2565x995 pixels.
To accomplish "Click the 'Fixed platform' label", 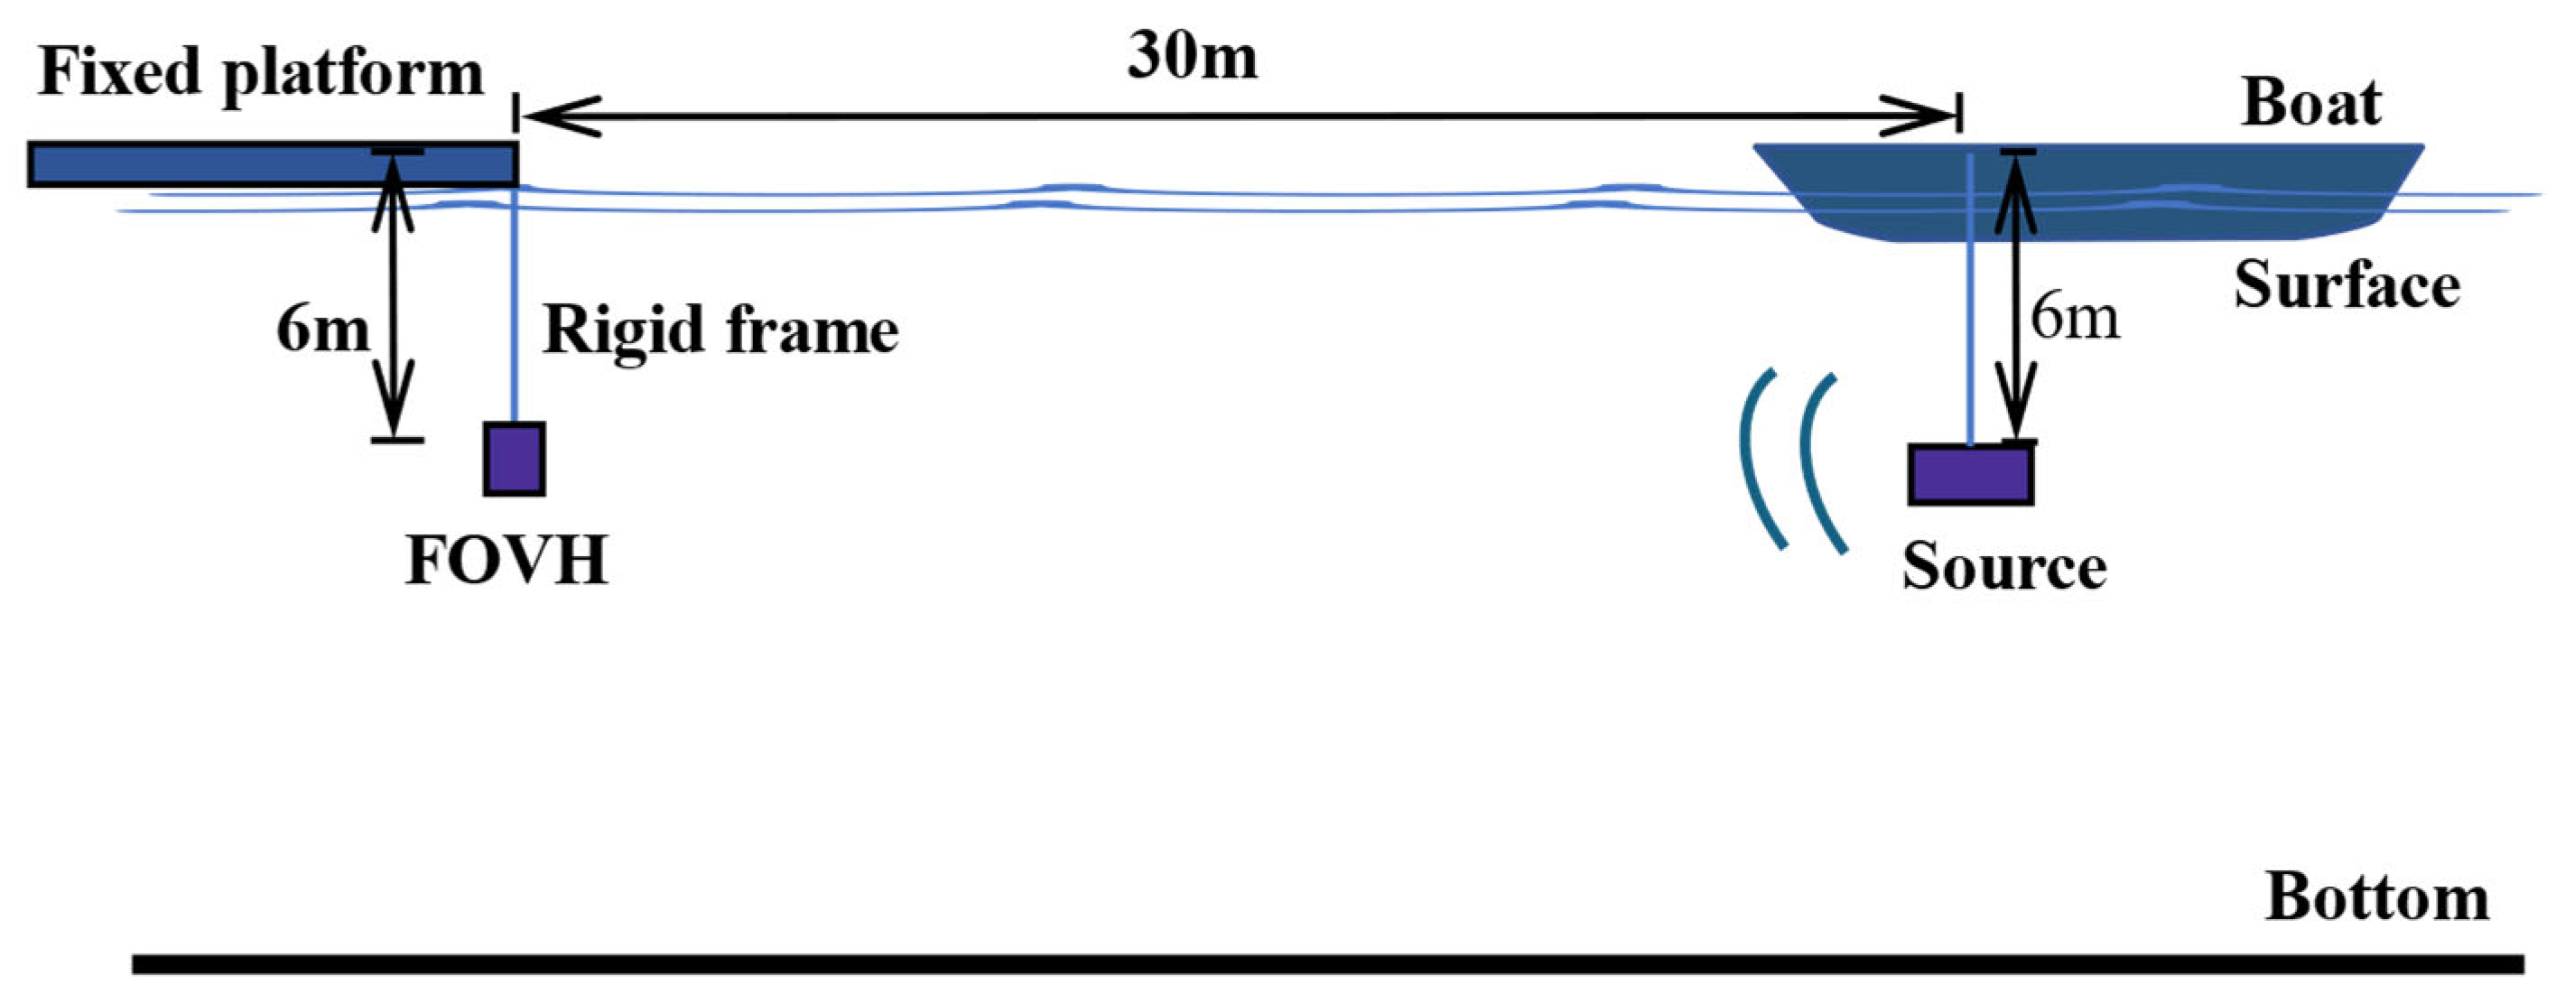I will coord(260,75).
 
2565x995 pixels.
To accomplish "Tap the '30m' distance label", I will coord(1192,56).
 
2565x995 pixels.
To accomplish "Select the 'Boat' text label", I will coord(2311,104).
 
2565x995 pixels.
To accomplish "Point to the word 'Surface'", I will coord(2347,286).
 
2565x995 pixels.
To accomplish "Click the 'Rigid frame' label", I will coord(720,330).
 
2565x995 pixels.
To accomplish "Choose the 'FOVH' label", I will coord(506,560).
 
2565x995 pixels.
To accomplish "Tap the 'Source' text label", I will coord(2003,568).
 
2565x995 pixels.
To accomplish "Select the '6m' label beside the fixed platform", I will coord(321,329).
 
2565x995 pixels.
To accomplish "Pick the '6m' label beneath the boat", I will coord(2074,319).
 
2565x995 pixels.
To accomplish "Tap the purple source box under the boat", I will coord(1969,474).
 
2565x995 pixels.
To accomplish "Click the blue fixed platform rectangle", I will coord(200,165).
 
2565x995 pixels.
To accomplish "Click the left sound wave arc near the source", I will coord(1760,458).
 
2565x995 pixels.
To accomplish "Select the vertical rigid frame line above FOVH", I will coord(515,309).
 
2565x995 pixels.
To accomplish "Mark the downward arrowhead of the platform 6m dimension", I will coord(395,404).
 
